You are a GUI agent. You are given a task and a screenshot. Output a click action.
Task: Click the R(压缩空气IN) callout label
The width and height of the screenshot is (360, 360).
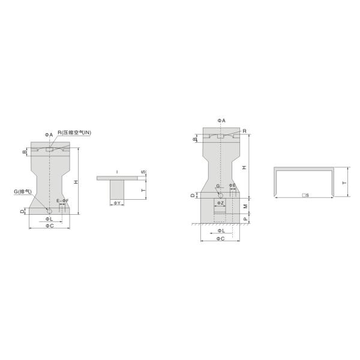pos(74,133)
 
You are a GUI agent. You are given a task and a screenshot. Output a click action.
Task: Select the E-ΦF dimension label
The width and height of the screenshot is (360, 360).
pos(62,200)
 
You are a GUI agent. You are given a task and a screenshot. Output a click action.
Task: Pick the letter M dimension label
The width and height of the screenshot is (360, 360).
pos(245,205)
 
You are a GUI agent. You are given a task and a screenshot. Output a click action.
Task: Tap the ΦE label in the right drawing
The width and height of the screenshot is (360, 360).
pos(232,185)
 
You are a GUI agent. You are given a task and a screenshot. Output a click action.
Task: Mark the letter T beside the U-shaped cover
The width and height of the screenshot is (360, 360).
pos(344,182)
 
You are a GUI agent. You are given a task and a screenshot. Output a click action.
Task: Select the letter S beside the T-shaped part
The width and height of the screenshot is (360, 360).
pos(142,172)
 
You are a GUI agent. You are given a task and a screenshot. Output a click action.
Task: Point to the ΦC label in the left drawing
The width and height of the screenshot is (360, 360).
pos(50,226)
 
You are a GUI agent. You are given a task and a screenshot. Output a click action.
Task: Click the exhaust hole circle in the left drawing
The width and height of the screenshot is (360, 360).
pos(50,211)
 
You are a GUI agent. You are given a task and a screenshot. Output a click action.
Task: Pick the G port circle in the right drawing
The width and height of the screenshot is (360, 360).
pos(221,196)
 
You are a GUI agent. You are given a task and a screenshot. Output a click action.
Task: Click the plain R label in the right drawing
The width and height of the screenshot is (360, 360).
pos(245,130)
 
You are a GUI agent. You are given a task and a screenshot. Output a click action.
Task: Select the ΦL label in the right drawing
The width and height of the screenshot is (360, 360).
pos(221,230)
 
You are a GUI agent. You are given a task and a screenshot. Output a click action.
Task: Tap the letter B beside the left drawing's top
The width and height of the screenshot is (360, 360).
pos(25,152)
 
